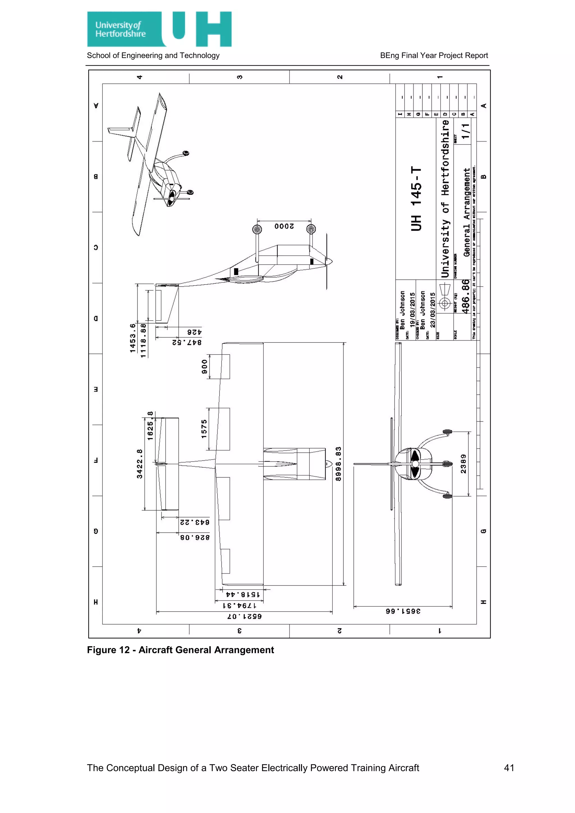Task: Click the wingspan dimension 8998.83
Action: click(339, 464)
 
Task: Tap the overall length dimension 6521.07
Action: click(244, 616)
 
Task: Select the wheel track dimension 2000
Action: click(284, 226)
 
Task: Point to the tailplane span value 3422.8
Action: click(140, 464)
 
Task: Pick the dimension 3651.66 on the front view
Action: click(403, 611)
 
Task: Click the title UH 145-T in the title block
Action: click(416, 199)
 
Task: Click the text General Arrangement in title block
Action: click(467, 213)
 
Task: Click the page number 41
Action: click(509, 768)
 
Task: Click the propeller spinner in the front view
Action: click(415, 464)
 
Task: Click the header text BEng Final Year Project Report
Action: click(434, 56)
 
